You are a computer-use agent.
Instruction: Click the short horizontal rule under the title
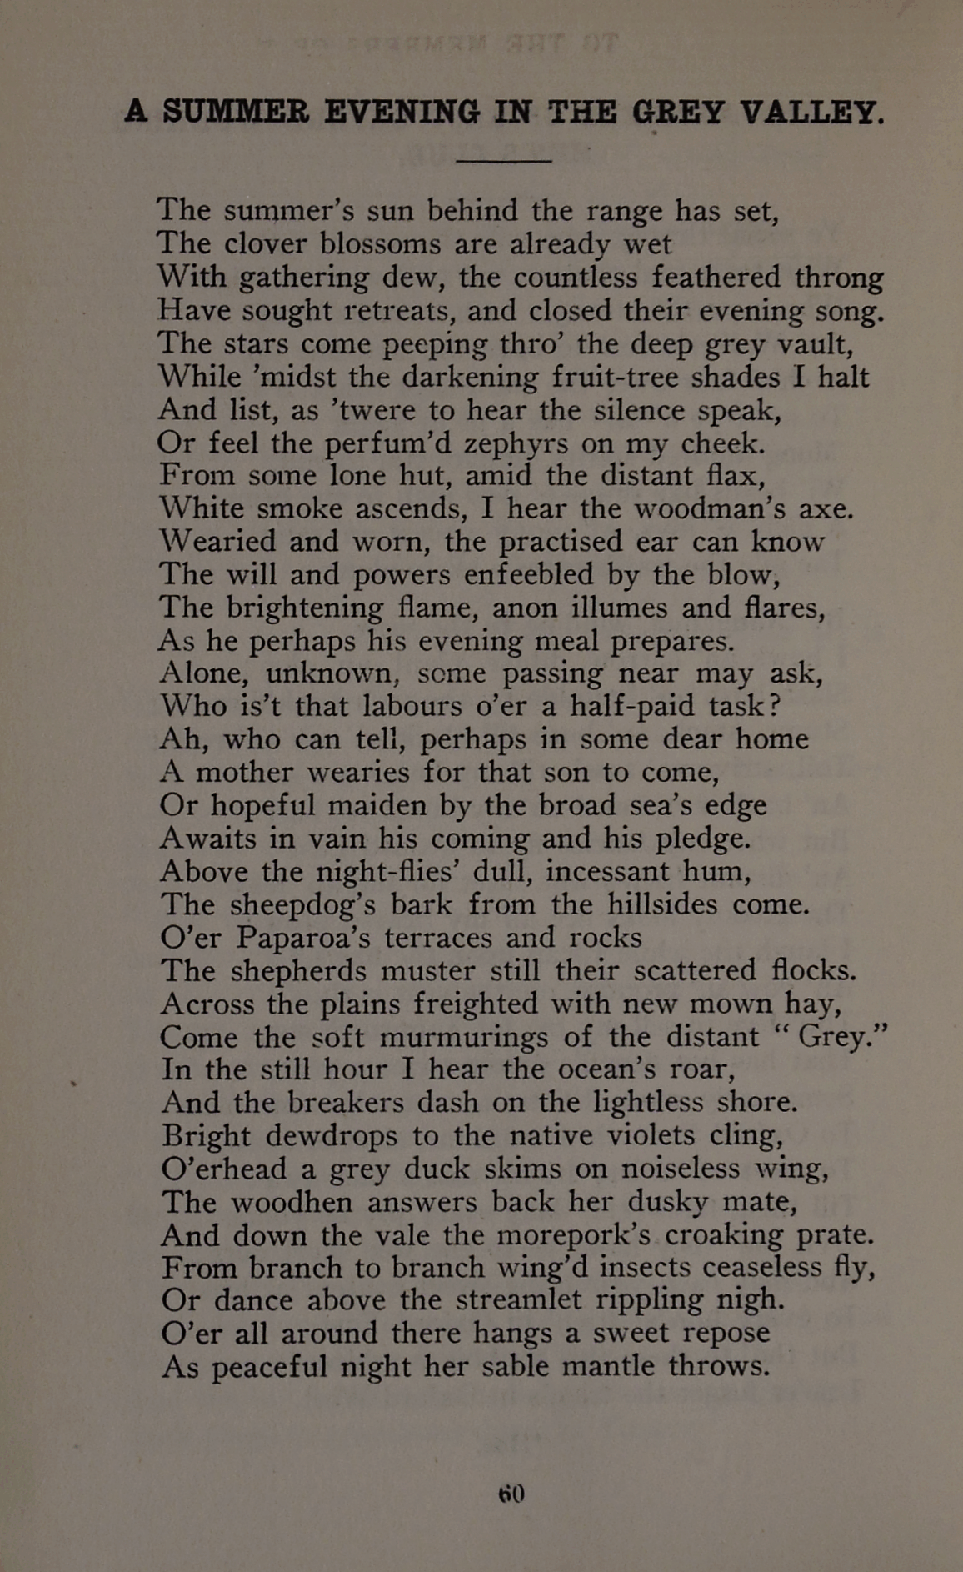[x=505, y=161]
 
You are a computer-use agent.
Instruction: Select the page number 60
[x=511, y=1493]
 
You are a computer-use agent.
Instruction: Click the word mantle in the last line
[x=608, y=1367]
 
